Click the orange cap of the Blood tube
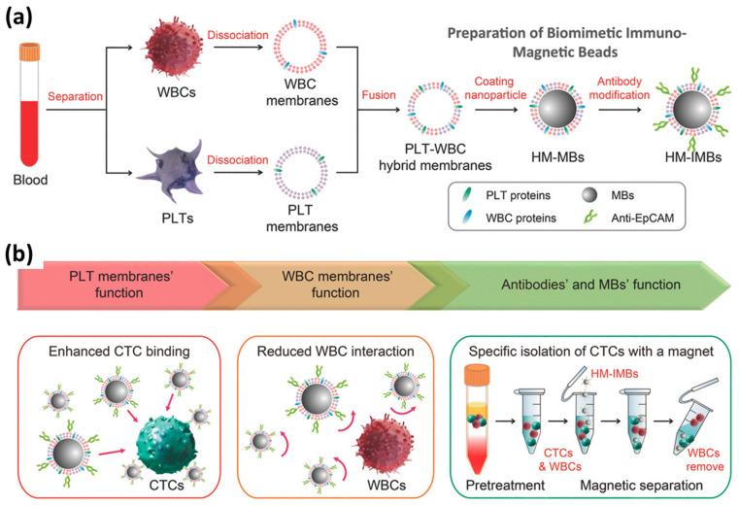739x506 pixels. pyautogui.click(x=30, y=51)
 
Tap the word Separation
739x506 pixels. pyautogui.click(x=76, y=96)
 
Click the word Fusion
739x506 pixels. pyautogui.click(x=379, y=95)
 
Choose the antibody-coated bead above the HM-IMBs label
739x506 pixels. pyautogui.click(x=692, y=110)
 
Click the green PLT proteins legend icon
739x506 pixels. pyautogui.click(x=466, y=194)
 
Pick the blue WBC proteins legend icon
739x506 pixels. pyautogui.click(x=466, y=217)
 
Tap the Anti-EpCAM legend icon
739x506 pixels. pyautogui.click(x=589, y=217)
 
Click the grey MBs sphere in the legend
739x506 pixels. pyautogui.click(x=589, y=194)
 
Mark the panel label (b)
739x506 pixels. pyautogui.click(x=18, y=254)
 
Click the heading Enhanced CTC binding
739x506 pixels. pyautogui.click(x=119, y=352)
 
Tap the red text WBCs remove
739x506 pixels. pyautogui.click(x=704, y=459)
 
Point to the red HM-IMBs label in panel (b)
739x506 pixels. pyautogui.click(x=615, y=374)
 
